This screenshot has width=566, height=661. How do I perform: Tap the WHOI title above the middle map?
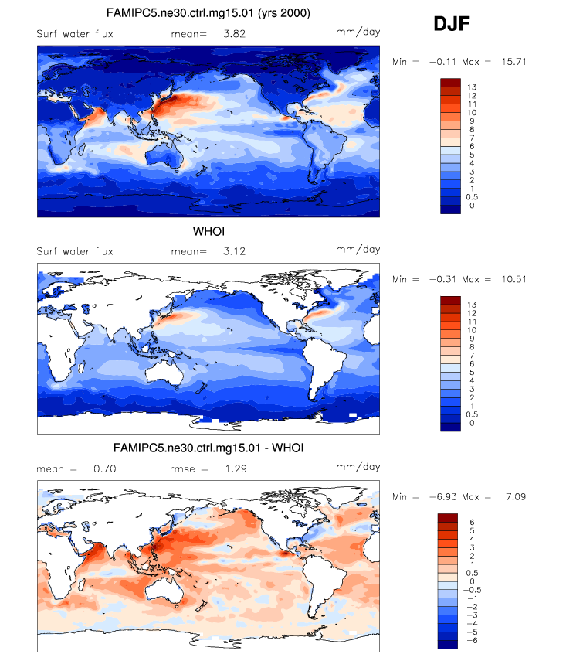coord(208,231)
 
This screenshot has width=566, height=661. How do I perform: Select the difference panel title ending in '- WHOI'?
coord(208,447)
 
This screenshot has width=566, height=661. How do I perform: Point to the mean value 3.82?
coord(212,34)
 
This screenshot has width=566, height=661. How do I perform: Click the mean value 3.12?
coord(212,251)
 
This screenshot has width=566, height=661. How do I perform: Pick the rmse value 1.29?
coord(212,468)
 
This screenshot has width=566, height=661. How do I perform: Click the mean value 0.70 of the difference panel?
coord(103,468)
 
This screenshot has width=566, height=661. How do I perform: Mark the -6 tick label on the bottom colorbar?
coord(473,641)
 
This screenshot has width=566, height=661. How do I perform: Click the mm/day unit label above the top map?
coord(358,33)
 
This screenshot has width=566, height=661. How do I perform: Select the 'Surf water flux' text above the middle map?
coord(75,251)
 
